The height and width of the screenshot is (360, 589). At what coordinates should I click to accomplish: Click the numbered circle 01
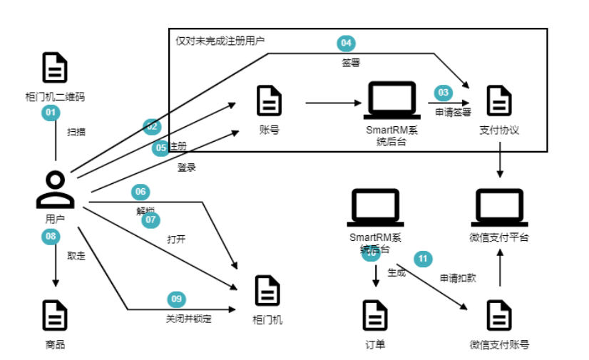tap(50, 113)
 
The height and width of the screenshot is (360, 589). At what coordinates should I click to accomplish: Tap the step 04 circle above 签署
tap(346, 43)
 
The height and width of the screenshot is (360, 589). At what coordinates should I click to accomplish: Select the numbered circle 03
tap(444, 93)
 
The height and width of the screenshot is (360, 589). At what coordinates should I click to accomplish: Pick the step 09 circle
tap(176, 299)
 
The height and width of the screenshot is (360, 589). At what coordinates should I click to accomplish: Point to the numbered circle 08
tap(50, 236)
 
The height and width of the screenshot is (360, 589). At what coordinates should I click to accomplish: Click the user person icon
tap(55, 190)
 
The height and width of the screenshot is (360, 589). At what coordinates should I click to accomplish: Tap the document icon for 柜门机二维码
tap(55, 68)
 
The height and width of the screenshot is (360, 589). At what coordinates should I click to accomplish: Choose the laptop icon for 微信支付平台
tap(499, 206)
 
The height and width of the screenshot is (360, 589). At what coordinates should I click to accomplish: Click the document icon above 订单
tap(376, 314)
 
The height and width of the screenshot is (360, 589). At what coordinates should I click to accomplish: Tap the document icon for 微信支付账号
tap(499, 314)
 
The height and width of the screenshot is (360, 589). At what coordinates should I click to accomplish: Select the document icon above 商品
tap(55, 314)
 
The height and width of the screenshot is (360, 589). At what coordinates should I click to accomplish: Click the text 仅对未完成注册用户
tap(220, 41)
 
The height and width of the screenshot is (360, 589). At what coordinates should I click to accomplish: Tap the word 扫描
tap(77, 132)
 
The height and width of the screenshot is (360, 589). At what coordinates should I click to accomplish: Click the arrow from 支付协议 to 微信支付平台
tap(500, 160)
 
